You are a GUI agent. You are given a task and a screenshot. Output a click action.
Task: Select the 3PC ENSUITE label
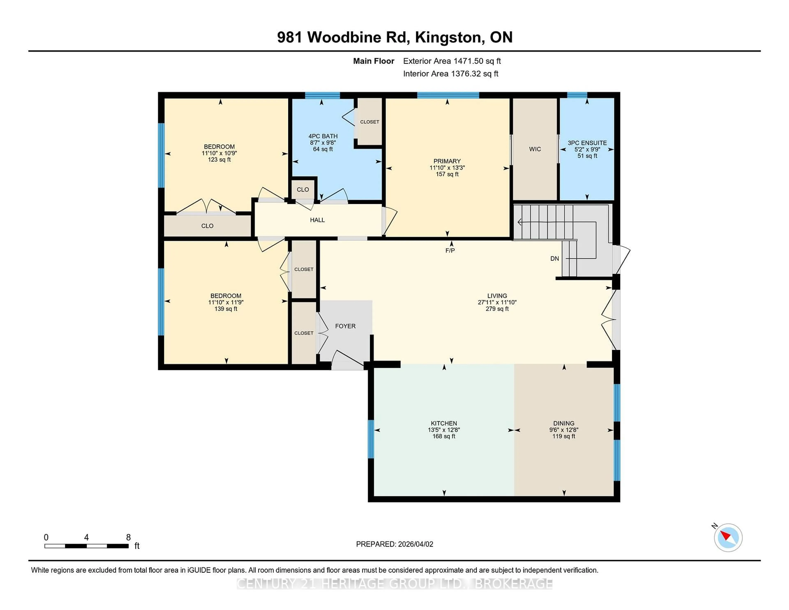pos(587,143)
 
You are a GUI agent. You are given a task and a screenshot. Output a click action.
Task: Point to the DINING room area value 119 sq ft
pos(564,436)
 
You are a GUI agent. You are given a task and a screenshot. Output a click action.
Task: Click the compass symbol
pos(728,538)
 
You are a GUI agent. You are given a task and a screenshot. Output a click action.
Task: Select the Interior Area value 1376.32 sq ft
pos(474,74)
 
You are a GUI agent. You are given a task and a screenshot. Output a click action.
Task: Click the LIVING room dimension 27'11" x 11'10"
pos(497,302)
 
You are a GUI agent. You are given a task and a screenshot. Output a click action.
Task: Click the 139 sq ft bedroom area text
pos(226,309)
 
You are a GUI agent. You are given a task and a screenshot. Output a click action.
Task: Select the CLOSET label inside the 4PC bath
pos(370,122)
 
